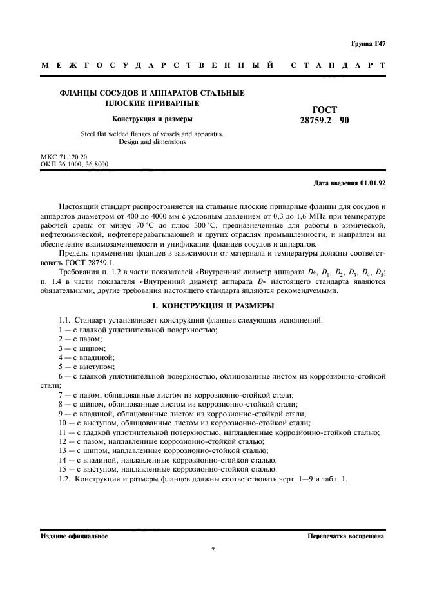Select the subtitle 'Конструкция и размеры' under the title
coord(152,119)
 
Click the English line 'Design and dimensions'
coord(152,142)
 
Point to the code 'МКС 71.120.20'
coord(63,157)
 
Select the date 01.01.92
coord(373,183)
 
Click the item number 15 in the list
coord(62,469)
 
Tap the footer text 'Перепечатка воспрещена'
coord(346,536)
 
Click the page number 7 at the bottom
coord(212,550)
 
